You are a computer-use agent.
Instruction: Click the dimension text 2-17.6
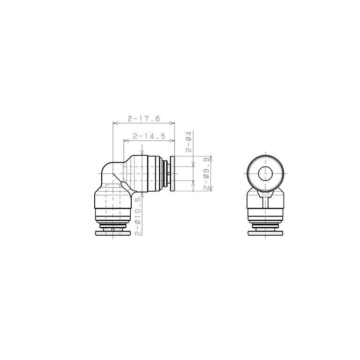(143, 119)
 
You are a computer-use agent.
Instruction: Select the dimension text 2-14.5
(149, 136)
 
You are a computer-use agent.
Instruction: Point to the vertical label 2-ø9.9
(206, 173)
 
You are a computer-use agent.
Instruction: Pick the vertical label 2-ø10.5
(137, 217)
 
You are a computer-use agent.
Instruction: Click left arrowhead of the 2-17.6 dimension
(115, 123)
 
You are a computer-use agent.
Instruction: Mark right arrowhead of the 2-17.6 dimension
(172, 123)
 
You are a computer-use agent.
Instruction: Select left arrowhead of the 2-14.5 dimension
(126, 141)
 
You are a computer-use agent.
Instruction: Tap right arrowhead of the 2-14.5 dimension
(172, 141)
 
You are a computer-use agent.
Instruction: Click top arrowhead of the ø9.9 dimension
(211, 159)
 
